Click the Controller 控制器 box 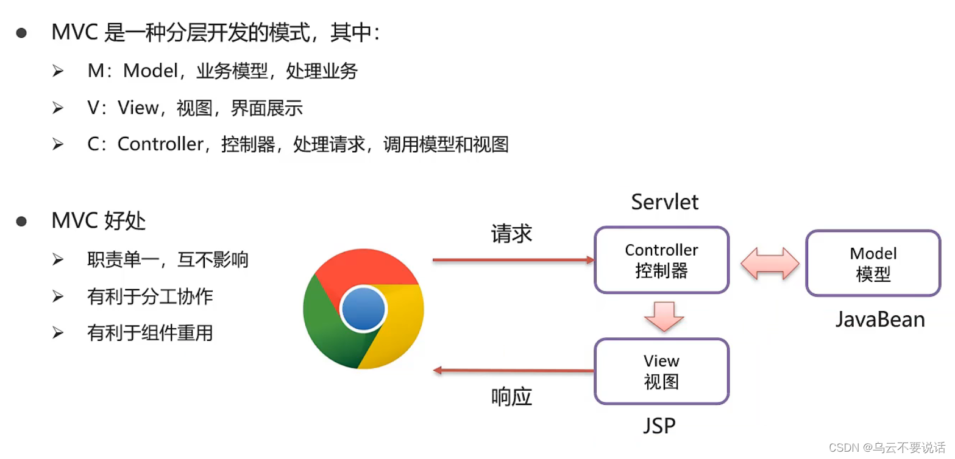tap(661, 260)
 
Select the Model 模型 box tap(873, 264)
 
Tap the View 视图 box tap(661, 371)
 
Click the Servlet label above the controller tap(664, 202)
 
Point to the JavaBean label tap(879, 319)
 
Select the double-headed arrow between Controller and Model tap(770, 263)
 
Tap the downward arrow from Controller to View tap(664, 316)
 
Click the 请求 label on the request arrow tap(512, 233)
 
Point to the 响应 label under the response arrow tap(512, 397)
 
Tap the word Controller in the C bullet tap(160, 144)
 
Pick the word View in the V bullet tap(138, 108)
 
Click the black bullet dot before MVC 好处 tap(22, 221)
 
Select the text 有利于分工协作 tap(150, 296)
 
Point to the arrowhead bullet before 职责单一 tap(58, 260)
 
